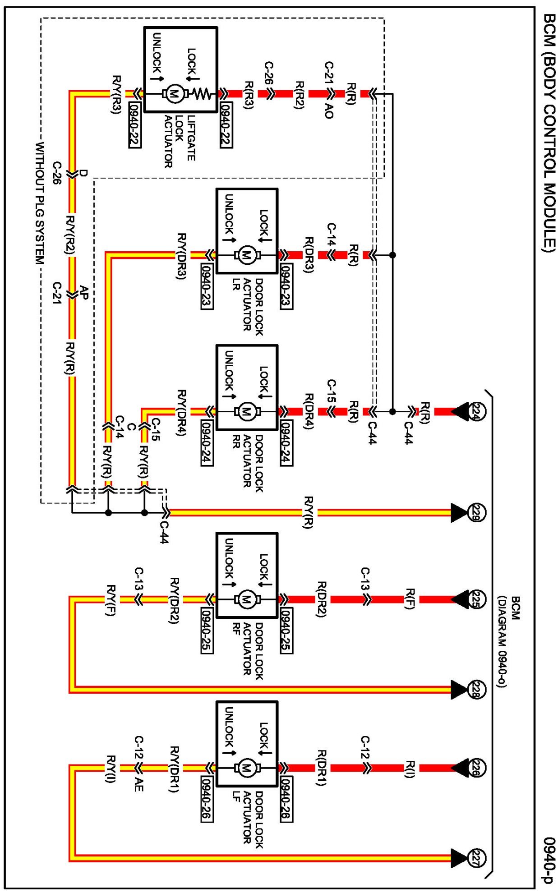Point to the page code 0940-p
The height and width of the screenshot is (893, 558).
click(549, 860)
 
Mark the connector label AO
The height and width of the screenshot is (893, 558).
click(329, 111)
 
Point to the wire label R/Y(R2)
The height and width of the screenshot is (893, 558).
click(70, 235)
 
